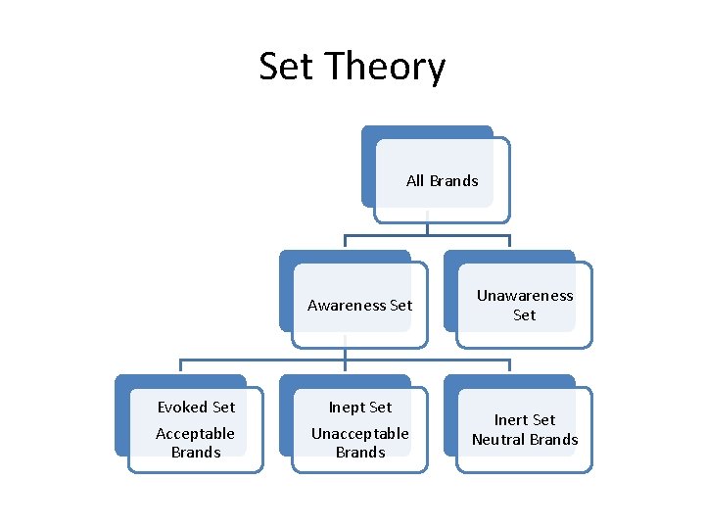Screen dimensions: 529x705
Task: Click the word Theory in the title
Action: [385, 67]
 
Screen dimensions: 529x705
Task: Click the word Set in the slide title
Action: [287, 67]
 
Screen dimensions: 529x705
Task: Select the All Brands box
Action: [442, 180]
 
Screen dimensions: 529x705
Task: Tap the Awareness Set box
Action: [359, 305]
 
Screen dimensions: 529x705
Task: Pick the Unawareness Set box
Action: [524, 305]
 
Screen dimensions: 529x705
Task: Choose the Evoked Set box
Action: [196, 429]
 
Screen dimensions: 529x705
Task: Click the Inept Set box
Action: [359, 429]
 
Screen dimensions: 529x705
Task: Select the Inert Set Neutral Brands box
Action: [524, 429]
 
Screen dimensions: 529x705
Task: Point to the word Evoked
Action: [182, 407]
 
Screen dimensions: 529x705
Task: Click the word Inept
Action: [347, 407]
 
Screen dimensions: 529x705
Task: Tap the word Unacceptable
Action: [359, 433]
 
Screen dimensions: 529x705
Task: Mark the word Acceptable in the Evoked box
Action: [196, 433]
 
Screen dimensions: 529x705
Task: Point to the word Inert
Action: [510, 419]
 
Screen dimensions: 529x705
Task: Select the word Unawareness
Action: [525, 295]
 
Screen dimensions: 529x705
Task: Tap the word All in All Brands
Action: [415, 180]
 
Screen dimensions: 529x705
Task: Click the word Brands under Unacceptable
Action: [359, 453]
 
